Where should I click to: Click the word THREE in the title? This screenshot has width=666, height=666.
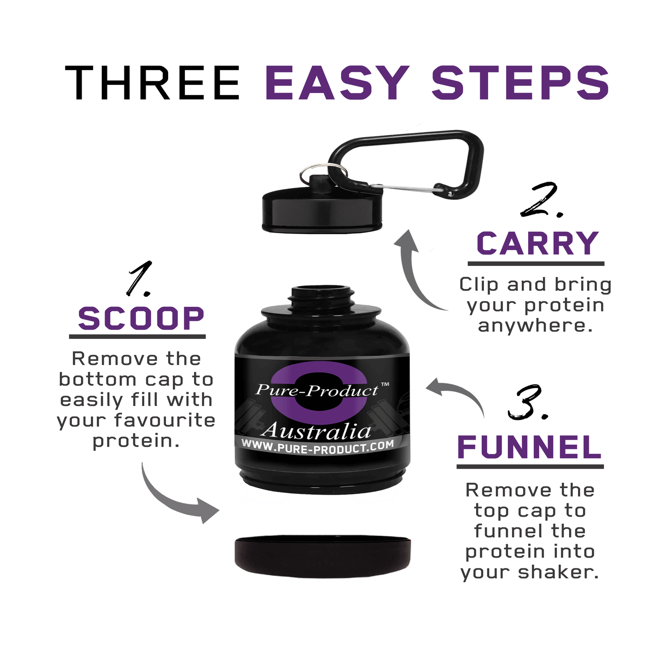coord(153,83)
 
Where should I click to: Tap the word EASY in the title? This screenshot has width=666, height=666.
coord(337,83)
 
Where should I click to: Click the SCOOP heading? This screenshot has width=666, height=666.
coord(141,318)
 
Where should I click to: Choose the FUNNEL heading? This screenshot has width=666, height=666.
coord(530,447)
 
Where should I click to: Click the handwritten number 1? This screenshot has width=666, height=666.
coord(139,279)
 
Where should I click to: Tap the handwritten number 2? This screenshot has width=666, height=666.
coord(540,200)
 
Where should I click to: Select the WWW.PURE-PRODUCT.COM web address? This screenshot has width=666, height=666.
coord(318,447)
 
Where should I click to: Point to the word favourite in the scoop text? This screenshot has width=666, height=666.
coord(165,420)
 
